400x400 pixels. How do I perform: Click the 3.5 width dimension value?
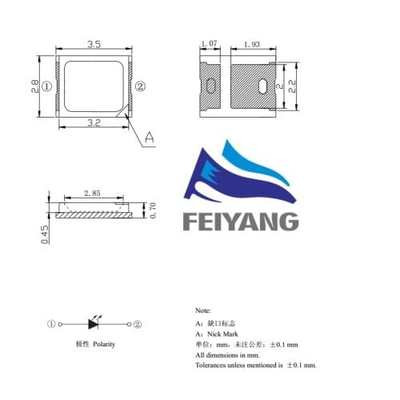pyautogui.click(x=94, y=44)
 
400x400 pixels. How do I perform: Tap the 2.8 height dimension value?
pyautogui.click(x=35, y=86)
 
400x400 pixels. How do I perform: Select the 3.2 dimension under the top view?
pyautogui.click(x=94, y=122)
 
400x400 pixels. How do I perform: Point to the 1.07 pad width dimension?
pyautogui.click(x=210, y=43)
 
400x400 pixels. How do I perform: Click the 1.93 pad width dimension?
pyautogui.click(x=252, y=44)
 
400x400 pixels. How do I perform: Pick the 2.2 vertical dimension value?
pyautogui.click(x=292, y=86)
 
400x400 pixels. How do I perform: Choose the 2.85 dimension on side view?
pyautogui.click(x=92, y=193)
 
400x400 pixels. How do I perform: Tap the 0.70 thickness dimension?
pyautogui.click(x=153, y=210)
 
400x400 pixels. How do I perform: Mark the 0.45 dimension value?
pyautogui.click(x=45, y=234)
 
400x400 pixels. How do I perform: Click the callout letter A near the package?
pyautogui.click(x=150, y=138)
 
